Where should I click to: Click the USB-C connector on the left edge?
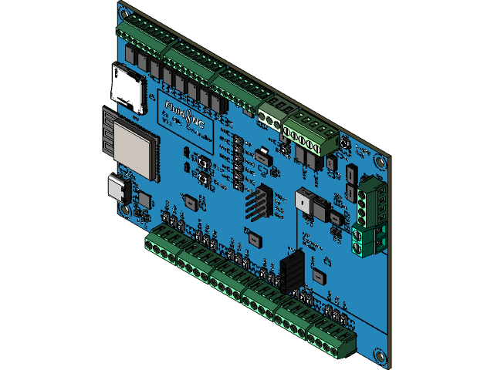(x=119, y=189)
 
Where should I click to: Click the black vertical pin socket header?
(x=293, y=271)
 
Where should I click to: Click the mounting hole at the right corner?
(x=381, y=162)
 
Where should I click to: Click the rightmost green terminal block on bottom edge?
(x=332, y=338)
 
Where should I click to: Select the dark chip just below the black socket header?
(x=319, y=274)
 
